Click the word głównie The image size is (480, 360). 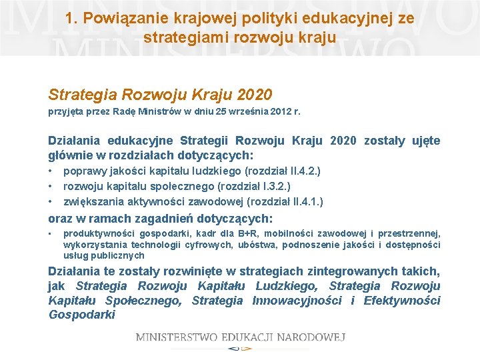click(x=68, y=155)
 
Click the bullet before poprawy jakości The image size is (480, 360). click(x=51, y=171)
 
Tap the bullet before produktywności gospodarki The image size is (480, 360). click(x=51, y=233)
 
